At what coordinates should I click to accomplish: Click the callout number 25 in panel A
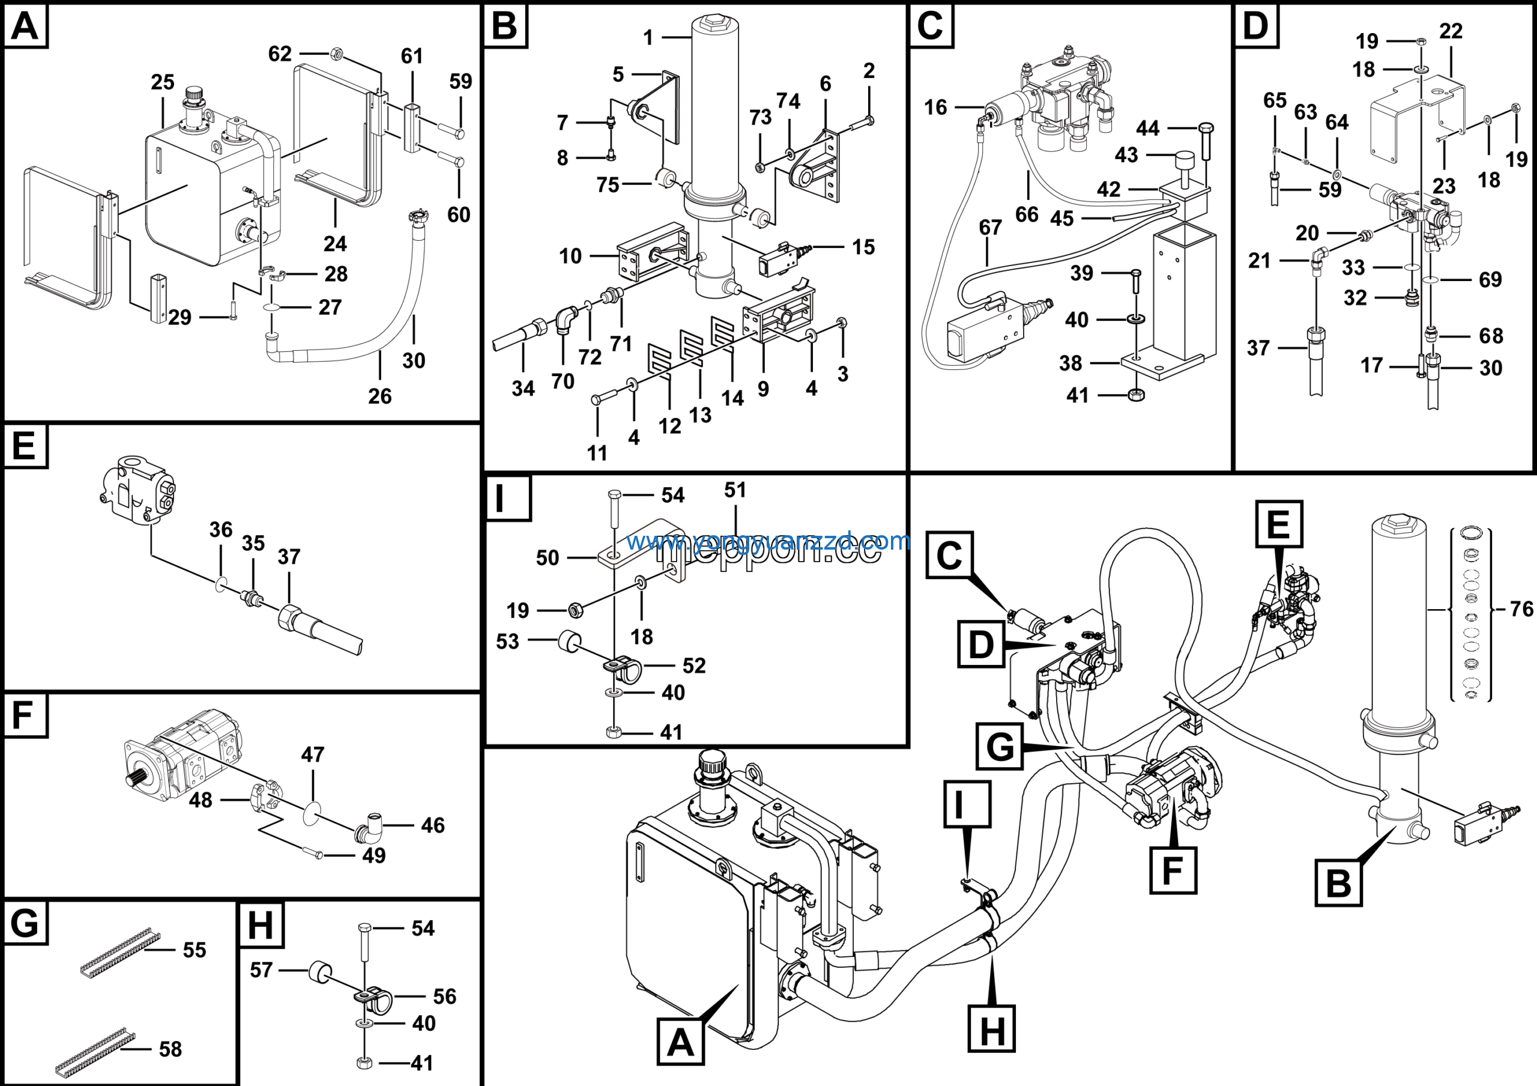click(x=163, y=82)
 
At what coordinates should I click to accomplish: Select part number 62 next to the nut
click(x=280, y=53)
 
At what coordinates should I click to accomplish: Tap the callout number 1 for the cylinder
click(x=648, y=37)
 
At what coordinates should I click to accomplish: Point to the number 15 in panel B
click(x=863, y=247)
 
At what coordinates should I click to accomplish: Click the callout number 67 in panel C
click(x=990, y=228)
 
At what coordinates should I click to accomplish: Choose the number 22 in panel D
click(x=1451, y=31)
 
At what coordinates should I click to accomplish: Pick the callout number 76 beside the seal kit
click(x=1521, y=608)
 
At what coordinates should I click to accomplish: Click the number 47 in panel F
click(x=313, y=754)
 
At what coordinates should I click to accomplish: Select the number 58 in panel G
click(x=171, y=1049)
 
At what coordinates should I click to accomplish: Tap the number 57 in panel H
click(x=261, y=970)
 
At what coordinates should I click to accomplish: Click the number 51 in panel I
click(x=735, y=490)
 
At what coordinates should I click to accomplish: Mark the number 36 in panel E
click(x=221, y=530)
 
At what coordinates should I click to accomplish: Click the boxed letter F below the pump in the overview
click(x=1173, y=870)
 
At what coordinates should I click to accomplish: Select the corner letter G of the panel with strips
click(x=25, y=924)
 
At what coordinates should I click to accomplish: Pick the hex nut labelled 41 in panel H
click(x=365, y=1063)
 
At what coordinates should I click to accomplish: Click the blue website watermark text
click(x=768, y=541)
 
